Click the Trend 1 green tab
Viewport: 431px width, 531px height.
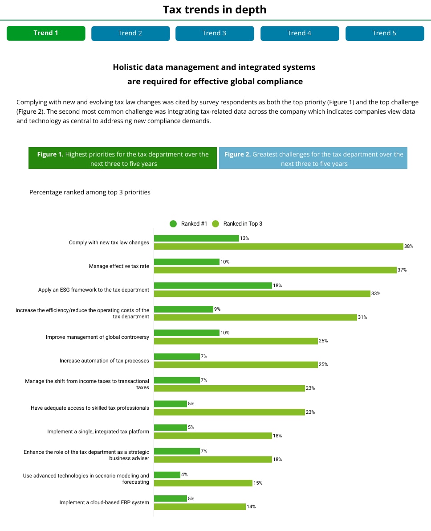click(x=46, y=33)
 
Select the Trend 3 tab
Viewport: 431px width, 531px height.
click(x=215, y=33)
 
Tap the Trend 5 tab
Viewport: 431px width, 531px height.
click(x=384, y=33)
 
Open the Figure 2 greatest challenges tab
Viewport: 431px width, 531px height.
click(x=313, y=159)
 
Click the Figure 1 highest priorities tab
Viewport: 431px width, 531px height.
click(x=122, y=159)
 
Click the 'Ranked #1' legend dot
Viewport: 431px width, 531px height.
click(x=173, y=224)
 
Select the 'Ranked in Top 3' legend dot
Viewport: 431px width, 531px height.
click(x=215, y=224)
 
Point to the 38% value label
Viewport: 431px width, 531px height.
click(x=409, y=246)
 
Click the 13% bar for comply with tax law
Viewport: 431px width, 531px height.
click(x=196, y=238)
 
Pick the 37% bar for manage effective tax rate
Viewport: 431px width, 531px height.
click(x=275, y=270)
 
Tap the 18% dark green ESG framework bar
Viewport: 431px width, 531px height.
click(x=213, y=285)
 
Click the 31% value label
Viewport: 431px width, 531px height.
click(x=363, y=317)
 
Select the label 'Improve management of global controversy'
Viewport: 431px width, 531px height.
click(x=98, y=337)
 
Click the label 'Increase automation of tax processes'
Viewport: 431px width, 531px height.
click(x=104, y=361)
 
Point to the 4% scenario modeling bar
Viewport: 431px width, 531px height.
click(x=167, y=475)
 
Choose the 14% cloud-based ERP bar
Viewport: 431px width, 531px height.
click(x=200, y=506)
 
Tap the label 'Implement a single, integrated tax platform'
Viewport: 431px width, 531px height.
click(x=98, y=432)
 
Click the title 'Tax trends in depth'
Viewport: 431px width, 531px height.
click(x=215, y=9)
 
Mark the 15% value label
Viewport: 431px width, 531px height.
click(x=258, y=483)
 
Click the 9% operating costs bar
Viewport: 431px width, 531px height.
click(x=183, y=309)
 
